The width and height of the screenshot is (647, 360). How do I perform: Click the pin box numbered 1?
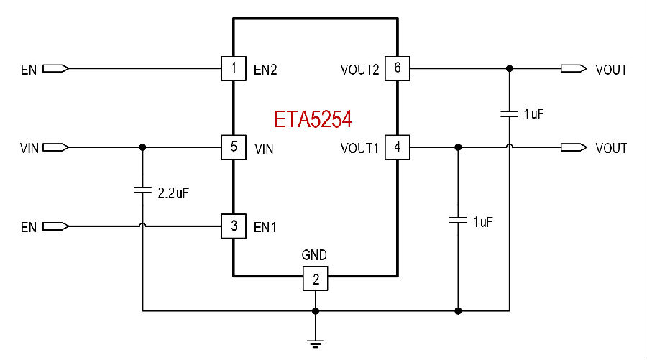click(234, 68)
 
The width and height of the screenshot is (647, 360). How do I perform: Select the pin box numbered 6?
click(398, 68)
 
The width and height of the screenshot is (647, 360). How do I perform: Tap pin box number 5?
click(234, 147)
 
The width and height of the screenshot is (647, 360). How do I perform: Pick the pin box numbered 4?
click(398, 147)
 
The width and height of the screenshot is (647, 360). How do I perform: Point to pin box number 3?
click(234, 226)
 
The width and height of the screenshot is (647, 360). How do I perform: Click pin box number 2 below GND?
click(316, 278)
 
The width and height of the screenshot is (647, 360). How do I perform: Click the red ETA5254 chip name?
click(313, 119)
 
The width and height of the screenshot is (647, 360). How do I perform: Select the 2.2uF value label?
click(173, 193)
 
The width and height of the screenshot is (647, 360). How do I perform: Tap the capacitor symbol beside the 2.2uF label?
click(142, 190)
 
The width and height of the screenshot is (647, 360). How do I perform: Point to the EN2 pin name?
click(265, 70)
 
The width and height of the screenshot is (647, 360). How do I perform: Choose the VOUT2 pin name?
click(360, 70)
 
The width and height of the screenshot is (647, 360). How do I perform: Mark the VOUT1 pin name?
click(359, 149)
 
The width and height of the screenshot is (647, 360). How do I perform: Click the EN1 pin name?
click(265, 227)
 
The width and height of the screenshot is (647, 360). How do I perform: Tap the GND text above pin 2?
click(314, 255)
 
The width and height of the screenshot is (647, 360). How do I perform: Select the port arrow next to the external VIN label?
click(55, 147)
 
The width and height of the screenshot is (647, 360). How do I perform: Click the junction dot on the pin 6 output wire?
click(510, 68)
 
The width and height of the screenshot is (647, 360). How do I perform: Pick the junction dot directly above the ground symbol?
click(316, 311)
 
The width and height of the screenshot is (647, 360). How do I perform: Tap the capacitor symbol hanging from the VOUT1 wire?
click(458, 220)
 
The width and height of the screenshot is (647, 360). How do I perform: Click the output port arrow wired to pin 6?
click(574, 68)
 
